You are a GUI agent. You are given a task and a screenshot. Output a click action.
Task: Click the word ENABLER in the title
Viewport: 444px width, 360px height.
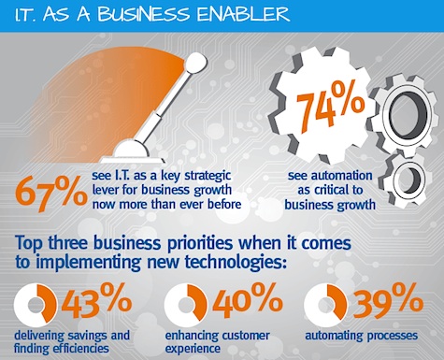243,14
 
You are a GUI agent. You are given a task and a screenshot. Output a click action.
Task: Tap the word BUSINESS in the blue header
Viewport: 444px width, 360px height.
143,14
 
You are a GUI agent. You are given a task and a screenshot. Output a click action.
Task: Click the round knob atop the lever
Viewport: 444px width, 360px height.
195,62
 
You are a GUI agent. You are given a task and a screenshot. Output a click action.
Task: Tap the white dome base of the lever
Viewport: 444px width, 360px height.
131,151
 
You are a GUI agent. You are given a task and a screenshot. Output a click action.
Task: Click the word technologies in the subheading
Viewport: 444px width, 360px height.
235,263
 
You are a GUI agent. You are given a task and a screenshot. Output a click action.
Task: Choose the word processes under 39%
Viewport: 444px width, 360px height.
392,336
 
